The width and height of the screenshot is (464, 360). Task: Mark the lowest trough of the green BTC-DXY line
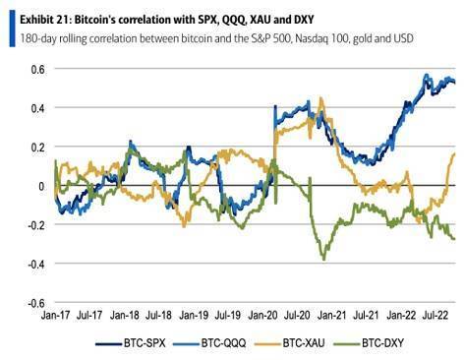click(x=322, y=259)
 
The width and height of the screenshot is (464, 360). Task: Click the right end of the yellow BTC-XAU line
click(x=455, y=153)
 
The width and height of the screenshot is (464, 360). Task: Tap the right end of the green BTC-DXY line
click(x=455, y=239)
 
